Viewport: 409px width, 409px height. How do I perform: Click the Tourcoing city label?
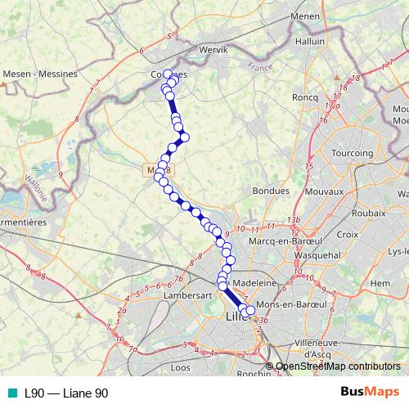click(353, 153)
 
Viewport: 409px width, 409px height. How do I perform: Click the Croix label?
click(347, 234)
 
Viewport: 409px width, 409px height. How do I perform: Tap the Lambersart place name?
click(187, 293)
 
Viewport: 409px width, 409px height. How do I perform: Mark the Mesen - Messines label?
click(40, 74)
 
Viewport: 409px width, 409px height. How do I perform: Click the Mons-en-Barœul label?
click(291, 304)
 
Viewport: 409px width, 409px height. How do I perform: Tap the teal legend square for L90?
click(10, 393)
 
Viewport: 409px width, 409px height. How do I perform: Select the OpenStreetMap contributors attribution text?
click(337, 366)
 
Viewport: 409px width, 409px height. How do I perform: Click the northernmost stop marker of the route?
click(169, 74)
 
